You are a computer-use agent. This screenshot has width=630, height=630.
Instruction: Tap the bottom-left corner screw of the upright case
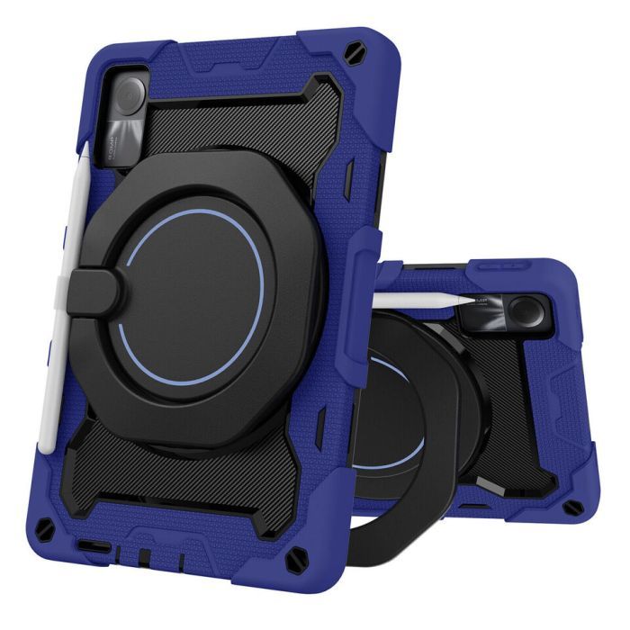[x=64, y=524]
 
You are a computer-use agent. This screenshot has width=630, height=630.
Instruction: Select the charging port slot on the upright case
[x=94, y=546]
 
